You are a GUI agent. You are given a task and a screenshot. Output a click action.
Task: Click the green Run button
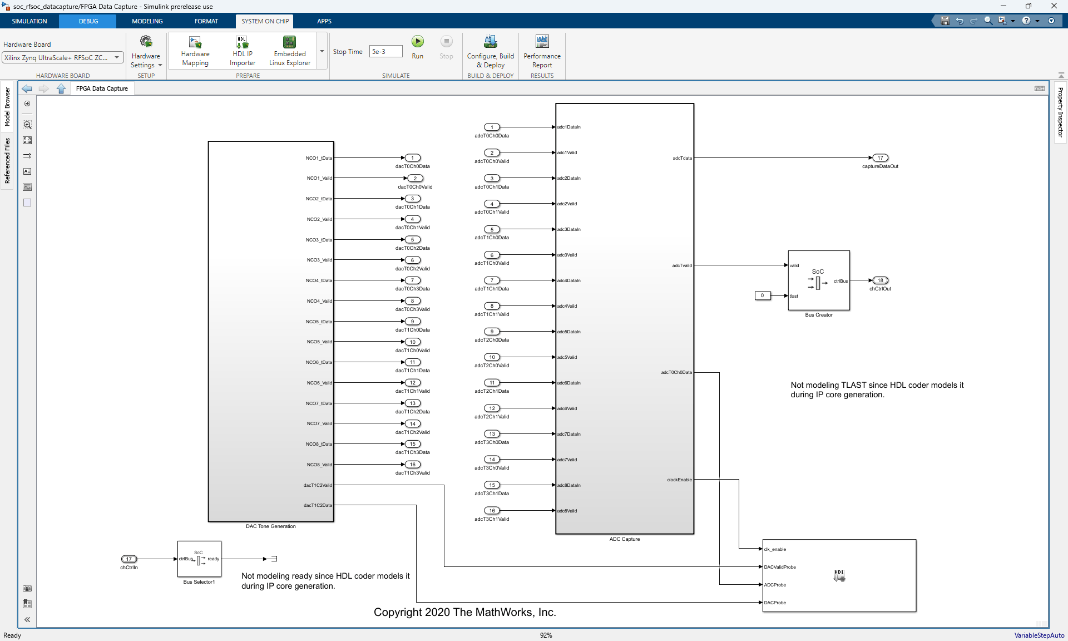coord(417,42)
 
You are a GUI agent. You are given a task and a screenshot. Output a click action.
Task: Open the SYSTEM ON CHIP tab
coord(265,21)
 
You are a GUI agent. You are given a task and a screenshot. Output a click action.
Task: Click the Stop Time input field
coord(385,52)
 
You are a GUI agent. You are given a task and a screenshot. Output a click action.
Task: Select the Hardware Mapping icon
coord(195,43)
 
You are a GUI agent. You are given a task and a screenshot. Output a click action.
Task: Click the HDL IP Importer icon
coord(242,43)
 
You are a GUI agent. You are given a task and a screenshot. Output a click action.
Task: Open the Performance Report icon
coord(542,42)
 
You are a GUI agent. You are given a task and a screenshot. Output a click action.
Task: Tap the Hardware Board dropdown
coord(63,57)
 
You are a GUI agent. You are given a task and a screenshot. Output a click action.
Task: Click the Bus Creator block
coord(819,280)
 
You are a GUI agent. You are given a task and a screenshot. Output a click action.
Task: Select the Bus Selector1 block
coord(199,559)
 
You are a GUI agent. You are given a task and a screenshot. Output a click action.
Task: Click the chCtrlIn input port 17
coord(129,559)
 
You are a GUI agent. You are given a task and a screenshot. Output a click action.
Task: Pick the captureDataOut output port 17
coord(880,158)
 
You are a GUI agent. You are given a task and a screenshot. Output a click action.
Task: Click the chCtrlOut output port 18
coord(880,280)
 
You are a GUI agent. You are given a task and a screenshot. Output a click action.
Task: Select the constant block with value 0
coord(762,295)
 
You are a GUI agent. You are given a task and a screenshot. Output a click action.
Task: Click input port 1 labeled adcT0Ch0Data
coord(492,127)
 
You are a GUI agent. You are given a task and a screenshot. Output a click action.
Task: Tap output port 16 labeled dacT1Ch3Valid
coord(413,465)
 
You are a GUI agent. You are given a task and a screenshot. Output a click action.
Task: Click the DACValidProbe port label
coord(780,567)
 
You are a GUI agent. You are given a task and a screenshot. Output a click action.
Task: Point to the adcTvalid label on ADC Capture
coord(682,265)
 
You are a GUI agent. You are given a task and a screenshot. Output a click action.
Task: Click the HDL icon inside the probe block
coord(839,575)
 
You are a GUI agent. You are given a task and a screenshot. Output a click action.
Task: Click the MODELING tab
coord(147,21)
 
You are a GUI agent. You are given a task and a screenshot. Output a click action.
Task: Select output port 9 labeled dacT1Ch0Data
coord(413,322)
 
